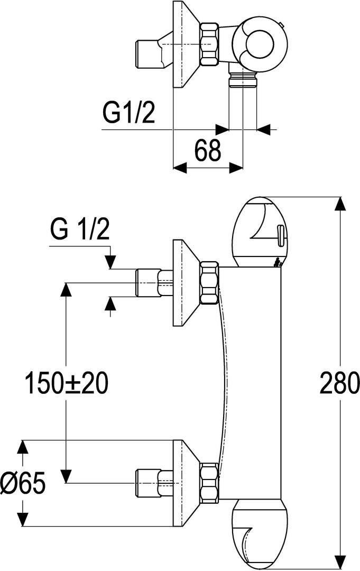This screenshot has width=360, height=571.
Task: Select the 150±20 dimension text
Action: coord(66,383)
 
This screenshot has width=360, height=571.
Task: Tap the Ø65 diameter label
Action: coord(23,483)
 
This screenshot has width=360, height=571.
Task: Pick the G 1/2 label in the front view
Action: coord(80,229)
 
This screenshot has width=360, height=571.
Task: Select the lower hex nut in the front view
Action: coord(209,484)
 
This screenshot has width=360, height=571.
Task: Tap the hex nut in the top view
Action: coord(210,44)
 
